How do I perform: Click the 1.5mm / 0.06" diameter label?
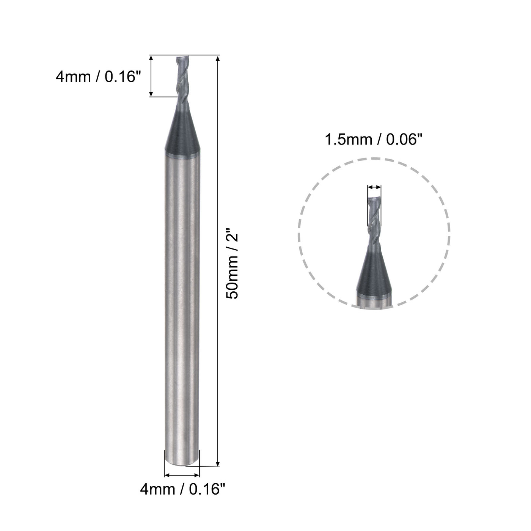[x=373, y=140]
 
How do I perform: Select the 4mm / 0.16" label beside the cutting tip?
[x=98, y=77]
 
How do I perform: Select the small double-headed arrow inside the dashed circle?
[x=374, y=187]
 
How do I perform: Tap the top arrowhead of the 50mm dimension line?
[x=218, y=59]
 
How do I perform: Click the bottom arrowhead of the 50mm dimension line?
[x=218, y=463]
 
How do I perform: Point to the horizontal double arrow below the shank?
[x=181, y=474]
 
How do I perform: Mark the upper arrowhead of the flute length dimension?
[x=151, y=59]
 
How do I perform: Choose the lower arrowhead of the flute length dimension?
[x=151, y=93]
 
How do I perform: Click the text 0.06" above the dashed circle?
[x=404, y=140]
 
